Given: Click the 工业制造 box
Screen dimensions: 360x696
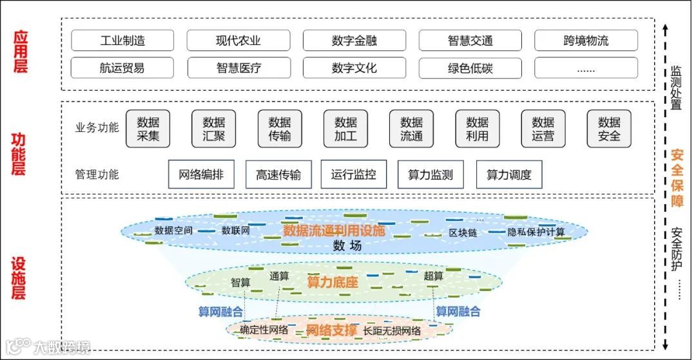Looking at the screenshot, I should click(x=122, y=41).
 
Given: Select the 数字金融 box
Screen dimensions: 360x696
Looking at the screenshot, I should click(x=354, y=41).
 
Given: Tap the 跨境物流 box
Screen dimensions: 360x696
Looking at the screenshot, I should click(x=586, y=41).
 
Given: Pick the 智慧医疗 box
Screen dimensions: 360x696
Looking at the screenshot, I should click(x=238, y=68).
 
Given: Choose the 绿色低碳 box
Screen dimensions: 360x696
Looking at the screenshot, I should click(x=470, y=68).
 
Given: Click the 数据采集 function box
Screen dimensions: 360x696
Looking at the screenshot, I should click(x=148, y=129).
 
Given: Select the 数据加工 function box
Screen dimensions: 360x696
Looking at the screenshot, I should click(x=345, y=129).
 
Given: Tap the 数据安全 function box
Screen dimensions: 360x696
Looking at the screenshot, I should click(x=609, y=129).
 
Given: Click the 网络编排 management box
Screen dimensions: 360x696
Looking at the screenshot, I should click(x=201, y=175).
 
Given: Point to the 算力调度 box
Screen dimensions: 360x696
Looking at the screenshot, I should click(x=509, y=175).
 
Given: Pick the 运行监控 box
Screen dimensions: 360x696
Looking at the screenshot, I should click(x=354, y=175).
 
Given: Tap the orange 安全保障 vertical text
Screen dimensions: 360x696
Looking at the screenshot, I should click(x=677, y=178).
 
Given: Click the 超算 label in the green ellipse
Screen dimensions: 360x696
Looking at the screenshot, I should click(x=434, y=276).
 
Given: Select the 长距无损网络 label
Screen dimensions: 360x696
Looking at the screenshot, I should click(x=392, y=331).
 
